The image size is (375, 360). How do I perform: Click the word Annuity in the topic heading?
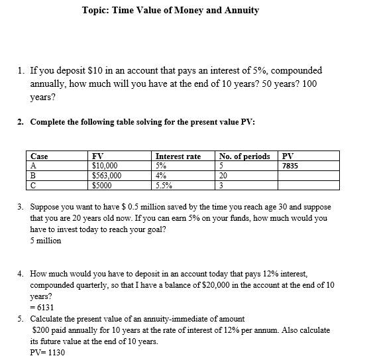[241, 10]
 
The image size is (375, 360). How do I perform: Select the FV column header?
[97, 156]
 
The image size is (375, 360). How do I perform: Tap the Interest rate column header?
[178, 156]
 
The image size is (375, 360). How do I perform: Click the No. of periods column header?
[244, 156]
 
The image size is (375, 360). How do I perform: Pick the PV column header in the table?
[288, 156]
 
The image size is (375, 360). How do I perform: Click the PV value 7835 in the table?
[290, 166]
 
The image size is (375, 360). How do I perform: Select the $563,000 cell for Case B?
[107, 176]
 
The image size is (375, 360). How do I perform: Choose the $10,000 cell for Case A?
[105, 166]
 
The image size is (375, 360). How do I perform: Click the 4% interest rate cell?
[161, 176]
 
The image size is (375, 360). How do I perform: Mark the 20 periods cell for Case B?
[223, 176]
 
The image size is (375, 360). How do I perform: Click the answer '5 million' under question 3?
[46, 241]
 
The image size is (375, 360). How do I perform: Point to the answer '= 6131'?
[42, 308]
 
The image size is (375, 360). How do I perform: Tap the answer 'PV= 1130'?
[48, 352]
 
